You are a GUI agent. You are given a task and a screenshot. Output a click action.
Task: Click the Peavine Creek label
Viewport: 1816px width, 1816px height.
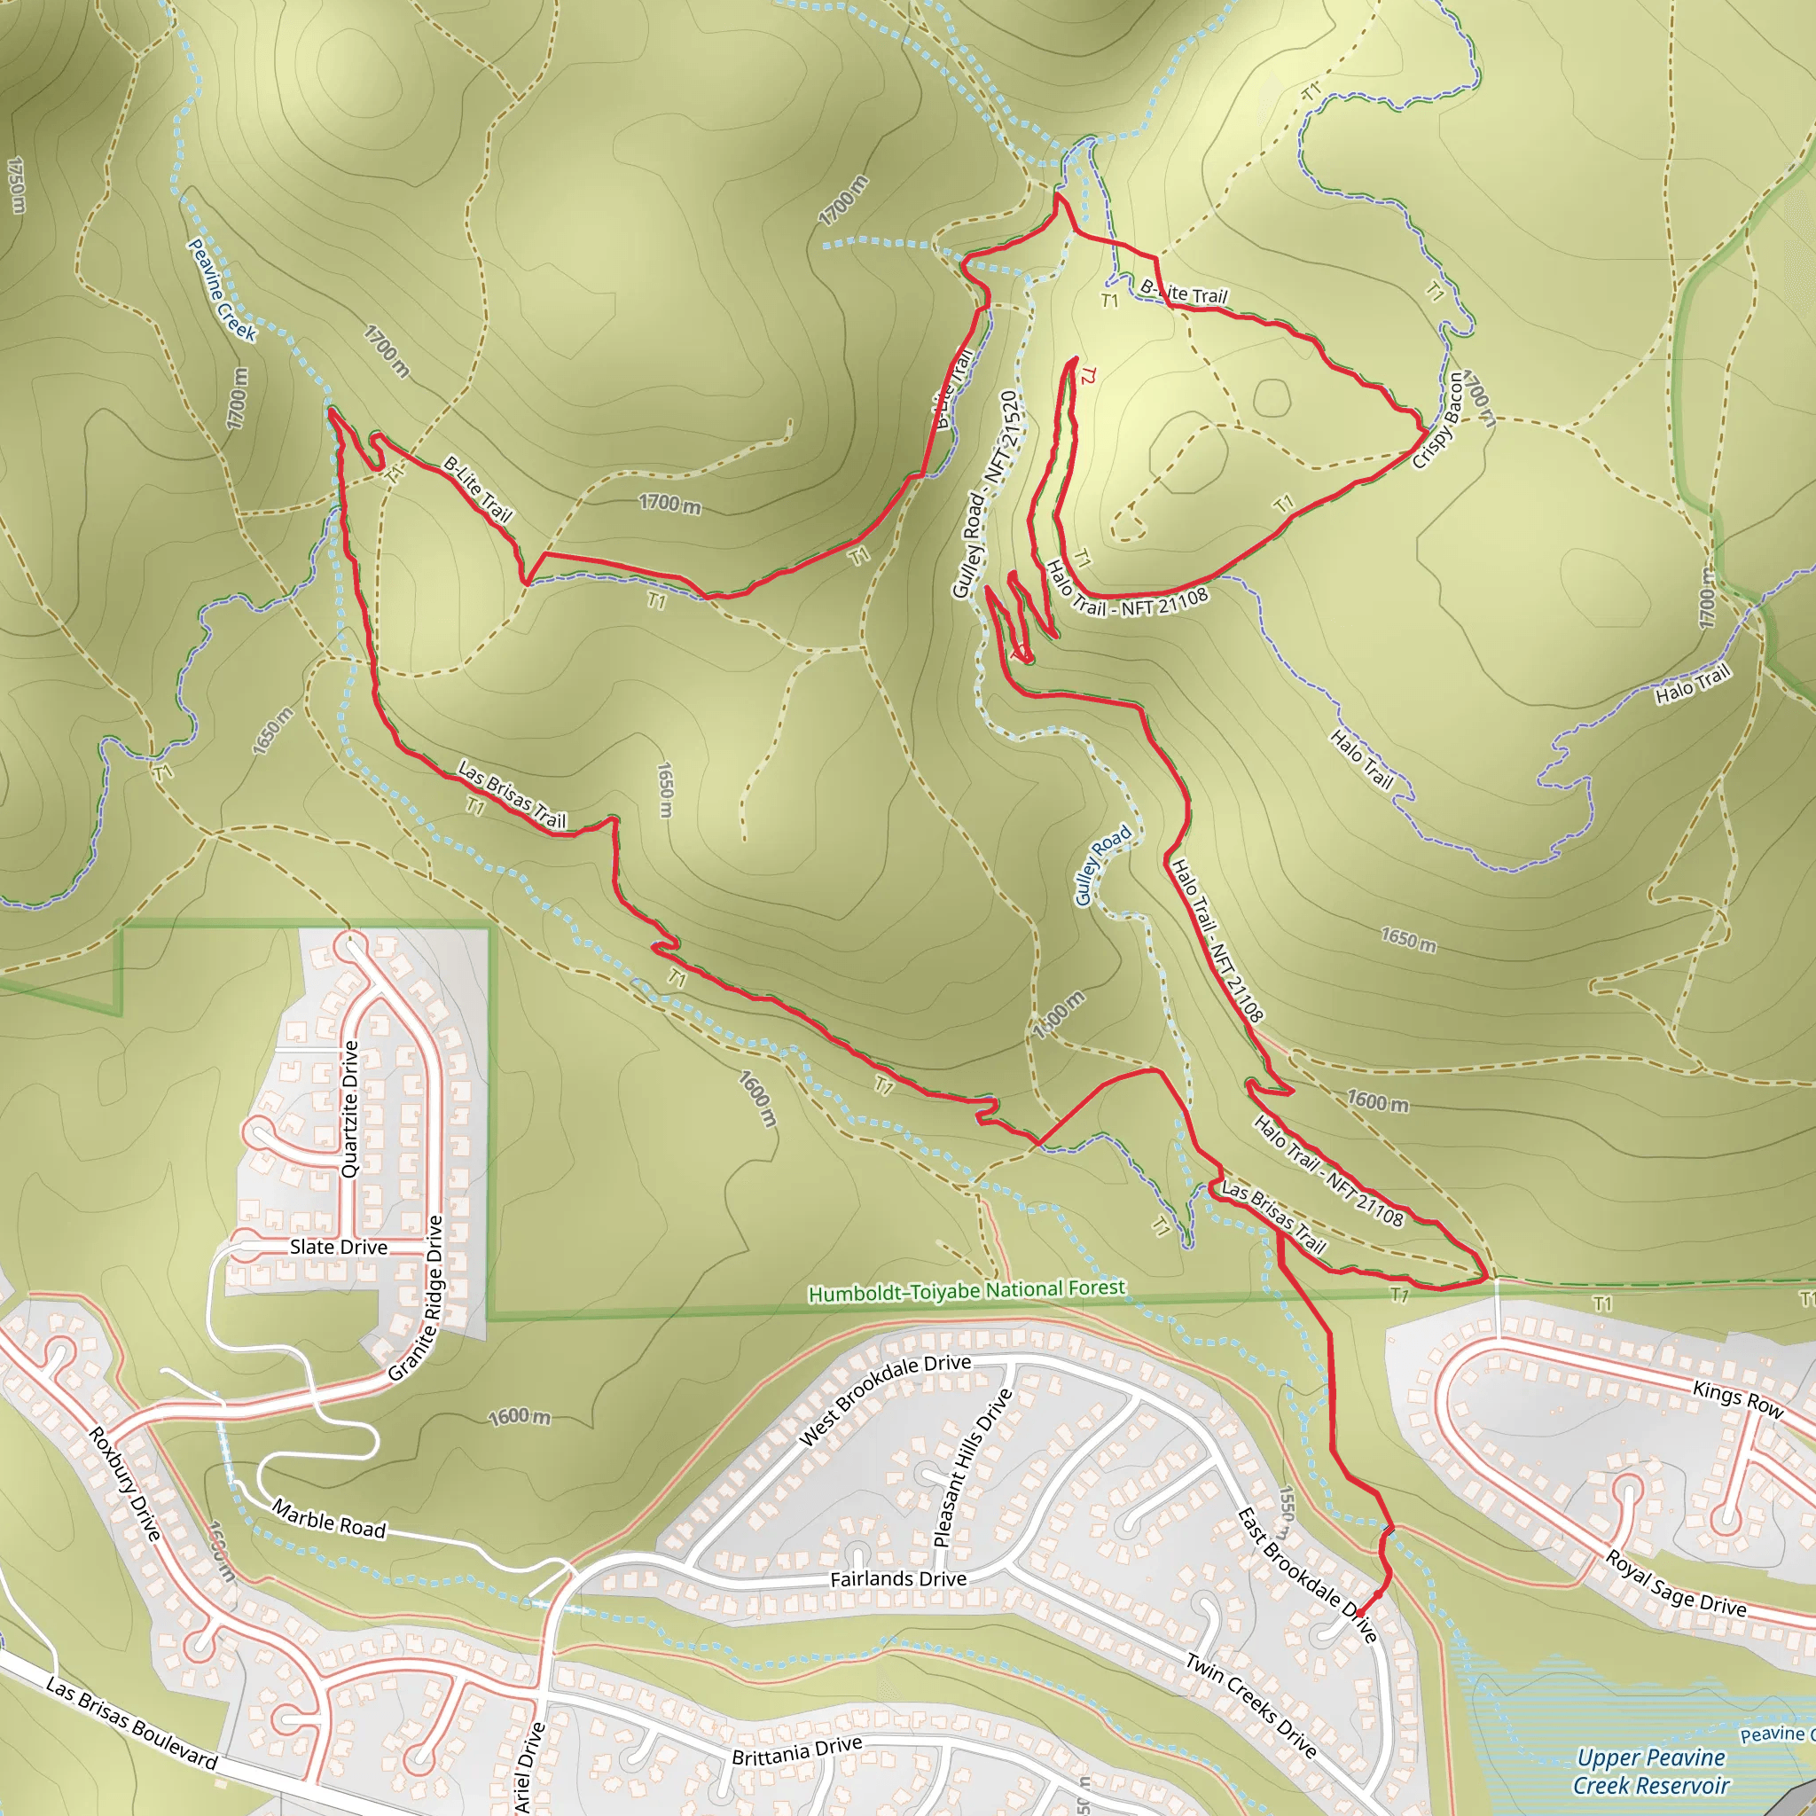(222, 289)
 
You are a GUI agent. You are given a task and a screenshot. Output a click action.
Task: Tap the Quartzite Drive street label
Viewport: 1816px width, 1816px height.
(349, 1109)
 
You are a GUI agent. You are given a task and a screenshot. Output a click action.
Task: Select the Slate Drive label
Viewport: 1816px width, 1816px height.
(339, 1248)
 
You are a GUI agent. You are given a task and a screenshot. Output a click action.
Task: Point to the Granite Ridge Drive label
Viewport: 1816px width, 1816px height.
(418, 1298)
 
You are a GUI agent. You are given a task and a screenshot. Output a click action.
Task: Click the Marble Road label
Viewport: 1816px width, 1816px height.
(329, 1520)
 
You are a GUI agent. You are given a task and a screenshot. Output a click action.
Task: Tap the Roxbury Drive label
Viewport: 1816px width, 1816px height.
(124, 1484)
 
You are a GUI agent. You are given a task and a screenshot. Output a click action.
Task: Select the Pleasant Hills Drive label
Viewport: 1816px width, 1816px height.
(972, 1468)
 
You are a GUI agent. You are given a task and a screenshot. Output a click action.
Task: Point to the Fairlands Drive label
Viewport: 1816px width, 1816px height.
(897, 1579)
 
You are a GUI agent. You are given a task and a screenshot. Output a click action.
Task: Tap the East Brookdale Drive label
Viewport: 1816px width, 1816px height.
(1306, 1576)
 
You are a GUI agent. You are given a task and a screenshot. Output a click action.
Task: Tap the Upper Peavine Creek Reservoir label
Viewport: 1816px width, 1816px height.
(1650, 1771)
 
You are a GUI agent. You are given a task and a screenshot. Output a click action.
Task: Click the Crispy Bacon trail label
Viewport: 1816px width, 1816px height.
(1438, 420)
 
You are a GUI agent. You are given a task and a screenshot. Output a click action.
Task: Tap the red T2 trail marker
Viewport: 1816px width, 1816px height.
(1087, 376)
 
